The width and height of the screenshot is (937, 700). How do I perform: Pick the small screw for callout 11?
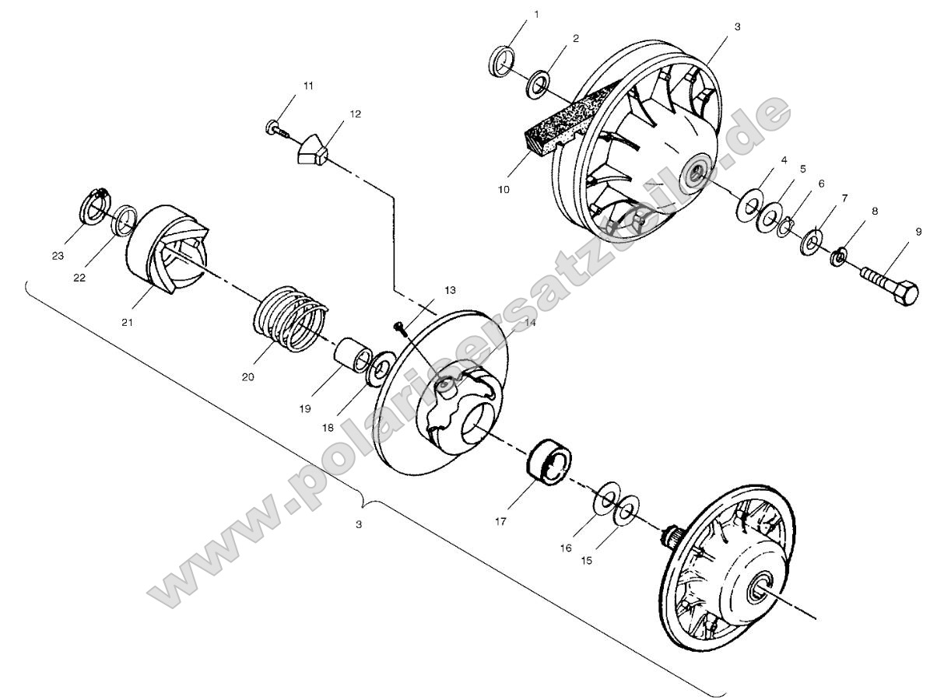277,128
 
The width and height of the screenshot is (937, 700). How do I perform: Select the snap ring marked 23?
94,204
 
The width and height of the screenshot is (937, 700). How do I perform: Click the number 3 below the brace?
359,525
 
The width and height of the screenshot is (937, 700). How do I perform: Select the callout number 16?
567,548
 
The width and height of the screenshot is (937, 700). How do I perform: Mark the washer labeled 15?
626,509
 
